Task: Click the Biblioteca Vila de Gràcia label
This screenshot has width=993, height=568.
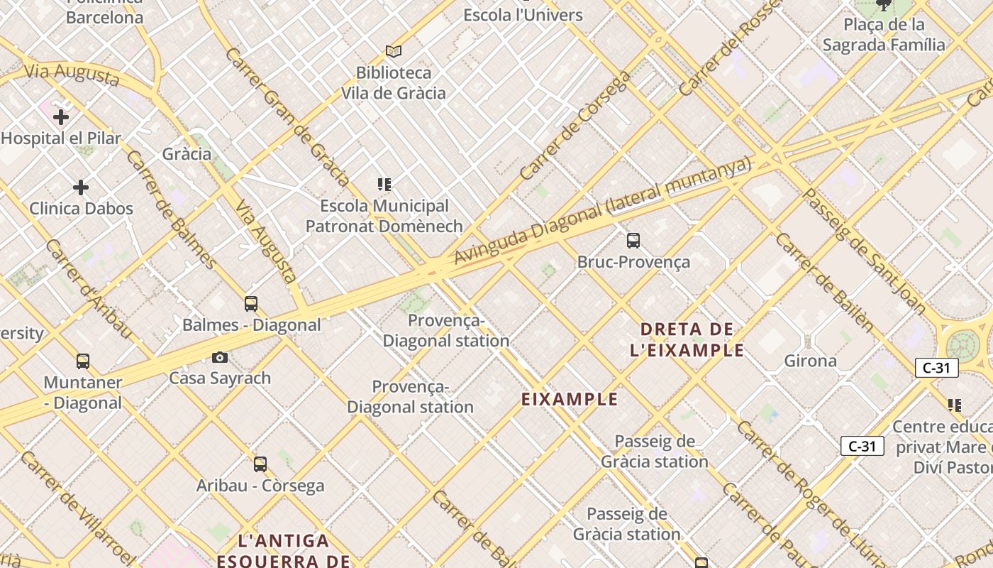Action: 394,83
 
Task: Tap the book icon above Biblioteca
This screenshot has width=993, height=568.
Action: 394,51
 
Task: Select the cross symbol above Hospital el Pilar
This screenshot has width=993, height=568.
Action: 61,116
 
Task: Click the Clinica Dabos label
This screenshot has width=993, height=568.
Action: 81,209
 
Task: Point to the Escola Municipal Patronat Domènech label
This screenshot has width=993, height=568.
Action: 384,216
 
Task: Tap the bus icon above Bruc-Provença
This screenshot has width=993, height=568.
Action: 633,241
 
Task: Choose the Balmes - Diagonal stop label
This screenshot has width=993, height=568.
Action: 252,325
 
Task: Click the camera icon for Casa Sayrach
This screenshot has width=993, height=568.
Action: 220,357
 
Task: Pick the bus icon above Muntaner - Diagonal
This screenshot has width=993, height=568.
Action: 83,361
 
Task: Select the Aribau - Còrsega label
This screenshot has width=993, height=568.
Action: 260,486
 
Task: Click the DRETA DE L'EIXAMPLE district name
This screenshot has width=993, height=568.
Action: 687,339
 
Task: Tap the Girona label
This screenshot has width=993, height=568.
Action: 810,361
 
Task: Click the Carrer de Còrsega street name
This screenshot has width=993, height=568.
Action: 575,125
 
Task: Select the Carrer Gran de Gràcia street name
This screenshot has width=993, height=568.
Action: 287,117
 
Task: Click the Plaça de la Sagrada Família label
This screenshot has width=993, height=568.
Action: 884,35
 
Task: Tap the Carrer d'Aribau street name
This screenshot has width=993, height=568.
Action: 89,288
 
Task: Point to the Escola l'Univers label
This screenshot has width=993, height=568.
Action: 523,15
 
